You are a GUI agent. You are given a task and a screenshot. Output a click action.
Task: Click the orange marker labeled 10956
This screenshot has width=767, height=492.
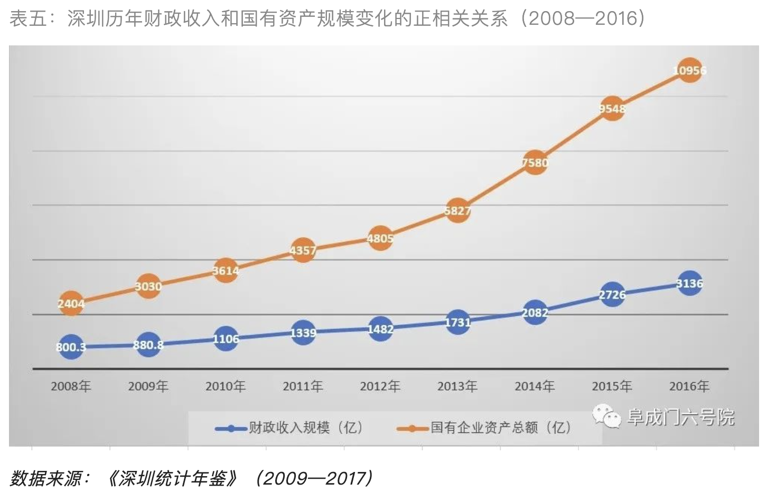click(689, 71)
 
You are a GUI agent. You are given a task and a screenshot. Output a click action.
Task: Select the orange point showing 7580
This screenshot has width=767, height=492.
click(535, 163)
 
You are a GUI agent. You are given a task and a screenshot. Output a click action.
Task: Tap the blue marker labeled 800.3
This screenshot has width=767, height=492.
click(71, 347)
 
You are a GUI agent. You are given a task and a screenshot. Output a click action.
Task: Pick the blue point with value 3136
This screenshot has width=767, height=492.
click(689, 284)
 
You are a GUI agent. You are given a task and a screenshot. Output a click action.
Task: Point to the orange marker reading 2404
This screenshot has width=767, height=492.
click(71, 304)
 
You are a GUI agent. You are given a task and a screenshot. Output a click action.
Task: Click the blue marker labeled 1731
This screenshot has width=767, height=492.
click(457, 322)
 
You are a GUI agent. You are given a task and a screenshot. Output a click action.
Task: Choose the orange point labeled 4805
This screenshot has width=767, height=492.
click(380, 239)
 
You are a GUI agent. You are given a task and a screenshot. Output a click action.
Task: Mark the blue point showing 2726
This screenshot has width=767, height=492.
click(612, 295)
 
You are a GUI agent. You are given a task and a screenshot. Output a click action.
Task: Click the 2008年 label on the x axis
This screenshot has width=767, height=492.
click(71, 386)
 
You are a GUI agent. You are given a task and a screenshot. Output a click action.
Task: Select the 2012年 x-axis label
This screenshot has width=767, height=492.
click(380, 386)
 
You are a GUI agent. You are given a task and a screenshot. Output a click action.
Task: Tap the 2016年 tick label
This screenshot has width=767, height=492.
click(689, 386)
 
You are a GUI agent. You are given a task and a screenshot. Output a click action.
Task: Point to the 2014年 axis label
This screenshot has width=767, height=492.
click(535, 386)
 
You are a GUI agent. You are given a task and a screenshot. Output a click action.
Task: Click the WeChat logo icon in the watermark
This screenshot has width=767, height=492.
click(606, 417)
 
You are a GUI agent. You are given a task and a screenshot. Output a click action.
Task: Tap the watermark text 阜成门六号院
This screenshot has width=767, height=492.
click(681, 418)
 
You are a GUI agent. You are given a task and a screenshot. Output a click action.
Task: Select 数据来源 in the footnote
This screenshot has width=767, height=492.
click(45, 478)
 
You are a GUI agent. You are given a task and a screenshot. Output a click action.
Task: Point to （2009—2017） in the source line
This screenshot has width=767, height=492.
click(315, 478)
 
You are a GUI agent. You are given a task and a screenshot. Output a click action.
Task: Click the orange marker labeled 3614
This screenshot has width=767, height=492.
click(226, 271)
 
